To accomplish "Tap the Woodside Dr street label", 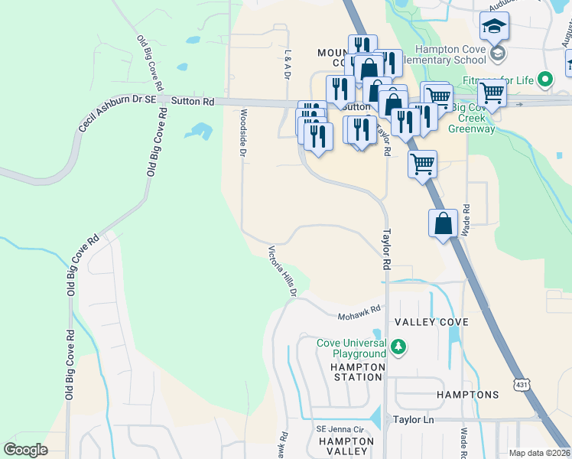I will point(243,132).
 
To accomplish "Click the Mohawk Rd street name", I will point(359,312).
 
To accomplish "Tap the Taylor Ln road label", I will point(413,420).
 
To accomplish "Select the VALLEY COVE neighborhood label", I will point(432,323).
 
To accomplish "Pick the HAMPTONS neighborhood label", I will point(467,395).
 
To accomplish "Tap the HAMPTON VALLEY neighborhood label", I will point(346,447).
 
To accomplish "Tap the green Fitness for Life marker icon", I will point(545,79).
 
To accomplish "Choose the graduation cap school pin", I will point(494,27).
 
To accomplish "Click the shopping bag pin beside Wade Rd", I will point(443,223).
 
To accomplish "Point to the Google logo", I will point(26,450).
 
